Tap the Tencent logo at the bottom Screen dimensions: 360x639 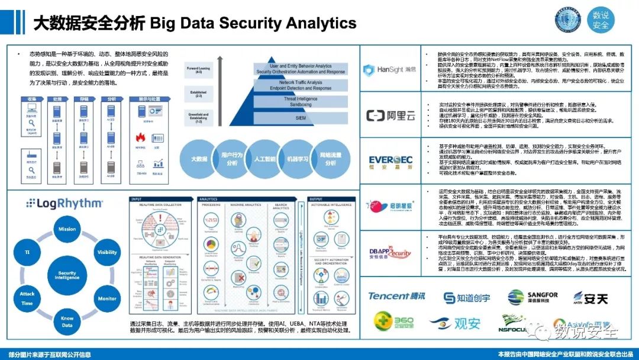[396, 297]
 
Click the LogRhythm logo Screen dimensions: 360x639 [64, 204]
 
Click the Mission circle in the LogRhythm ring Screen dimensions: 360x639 [67, 229]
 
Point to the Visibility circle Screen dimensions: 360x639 [107, 252]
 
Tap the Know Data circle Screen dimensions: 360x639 [67, 322]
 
